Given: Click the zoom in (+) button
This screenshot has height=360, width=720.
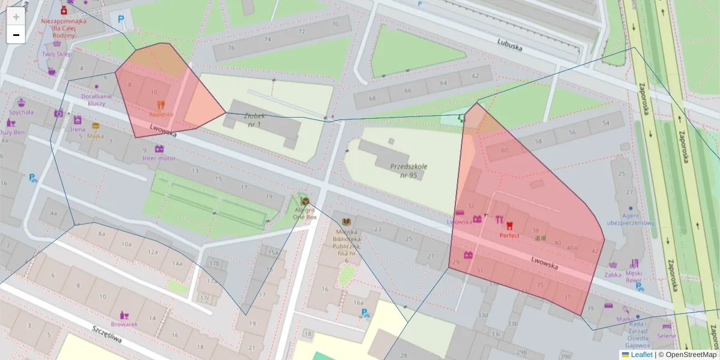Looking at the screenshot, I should (x=16, y=17).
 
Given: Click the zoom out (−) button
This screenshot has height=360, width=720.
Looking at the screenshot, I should (x=16, y=35).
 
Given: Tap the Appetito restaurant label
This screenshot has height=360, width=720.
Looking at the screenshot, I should (x=161, y=114).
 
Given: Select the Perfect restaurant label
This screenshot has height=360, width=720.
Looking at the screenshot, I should (x=509, y=236).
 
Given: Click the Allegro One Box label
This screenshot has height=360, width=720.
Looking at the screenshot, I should (x=305, y=213).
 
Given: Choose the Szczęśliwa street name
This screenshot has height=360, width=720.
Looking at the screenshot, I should (x=107, y=337).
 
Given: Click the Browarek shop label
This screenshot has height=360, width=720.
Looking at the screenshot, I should (x=124, y=324).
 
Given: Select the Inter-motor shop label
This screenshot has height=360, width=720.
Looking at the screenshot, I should (x=159, y=158).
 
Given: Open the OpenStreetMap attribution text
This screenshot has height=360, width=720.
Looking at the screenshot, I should (x=691, y=355).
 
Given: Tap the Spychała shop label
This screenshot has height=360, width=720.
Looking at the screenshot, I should (x=21, y=112).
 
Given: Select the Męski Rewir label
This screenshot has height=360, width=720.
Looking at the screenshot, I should (x=634, y=276).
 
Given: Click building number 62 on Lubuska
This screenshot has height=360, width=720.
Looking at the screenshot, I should (x=476, y=76).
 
